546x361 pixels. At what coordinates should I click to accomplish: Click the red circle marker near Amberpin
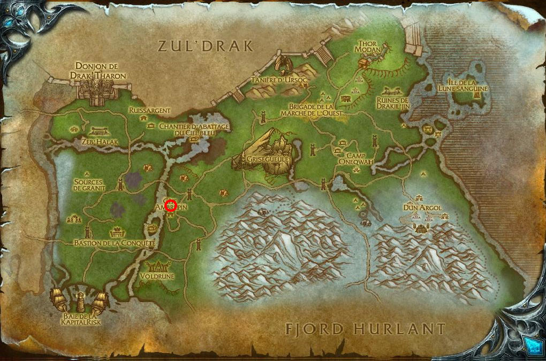[x=171, y=205]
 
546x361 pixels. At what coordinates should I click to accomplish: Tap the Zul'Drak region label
[x=206, y=46]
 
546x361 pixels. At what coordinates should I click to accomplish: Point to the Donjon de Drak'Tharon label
[x=97, y=71]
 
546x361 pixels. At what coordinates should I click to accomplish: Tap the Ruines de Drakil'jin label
[x=392, y=103]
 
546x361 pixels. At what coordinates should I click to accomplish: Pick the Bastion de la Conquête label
[x=115, y=243]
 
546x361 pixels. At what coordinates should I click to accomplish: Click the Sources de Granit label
[x=89, y=185]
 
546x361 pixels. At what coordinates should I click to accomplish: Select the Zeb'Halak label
[x=97, y=141]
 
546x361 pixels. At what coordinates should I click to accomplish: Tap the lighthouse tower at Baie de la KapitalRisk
[x=80, y=301]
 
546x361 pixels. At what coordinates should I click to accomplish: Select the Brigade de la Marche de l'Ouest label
[x=315, y=110]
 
